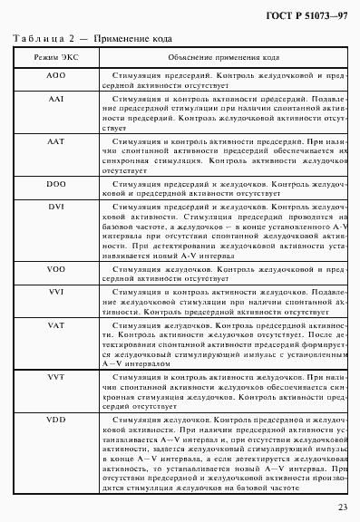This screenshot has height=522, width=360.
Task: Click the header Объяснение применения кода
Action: [x=214, y=57]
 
